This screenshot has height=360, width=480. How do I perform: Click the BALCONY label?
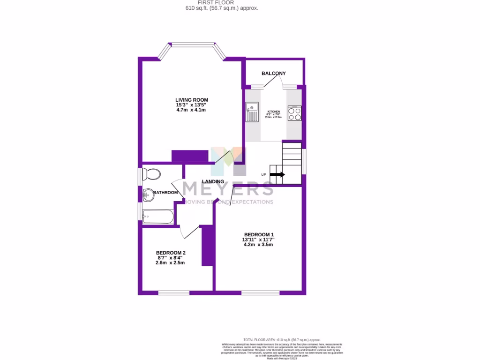(274, 74)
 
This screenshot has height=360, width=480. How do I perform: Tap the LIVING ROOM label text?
(192, 100)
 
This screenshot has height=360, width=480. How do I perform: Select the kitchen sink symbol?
(252, 112)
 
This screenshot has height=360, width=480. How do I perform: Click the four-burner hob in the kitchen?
(295, 113)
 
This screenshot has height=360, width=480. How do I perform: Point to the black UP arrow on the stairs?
(277, 175)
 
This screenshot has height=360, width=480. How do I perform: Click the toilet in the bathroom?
(151, 174)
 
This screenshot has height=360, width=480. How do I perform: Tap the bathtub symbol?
(158, 216)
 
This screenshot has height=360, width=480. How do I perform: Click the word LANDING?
(213, 182)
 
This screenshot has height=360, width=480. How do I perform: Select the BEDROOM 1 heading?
(259, 235)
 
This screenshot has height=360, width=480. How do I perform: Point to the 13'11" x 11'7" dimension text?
(258, 240)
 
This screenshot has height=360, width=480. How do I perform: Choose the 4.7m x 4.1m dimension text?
(191, 110)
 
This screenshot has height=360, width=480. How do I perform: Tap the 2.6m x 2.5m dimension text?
(170, 263)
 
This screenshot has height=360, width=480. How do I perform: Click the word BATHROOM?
(166, 193)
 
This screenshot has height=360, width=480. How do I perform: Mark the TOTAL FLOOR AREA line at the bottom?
(282, 339)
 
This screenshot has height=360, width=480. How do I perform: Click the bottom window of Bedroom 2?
(173, 293)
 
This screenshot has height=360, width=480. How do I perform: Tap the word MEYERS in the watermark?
(228, 188)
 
